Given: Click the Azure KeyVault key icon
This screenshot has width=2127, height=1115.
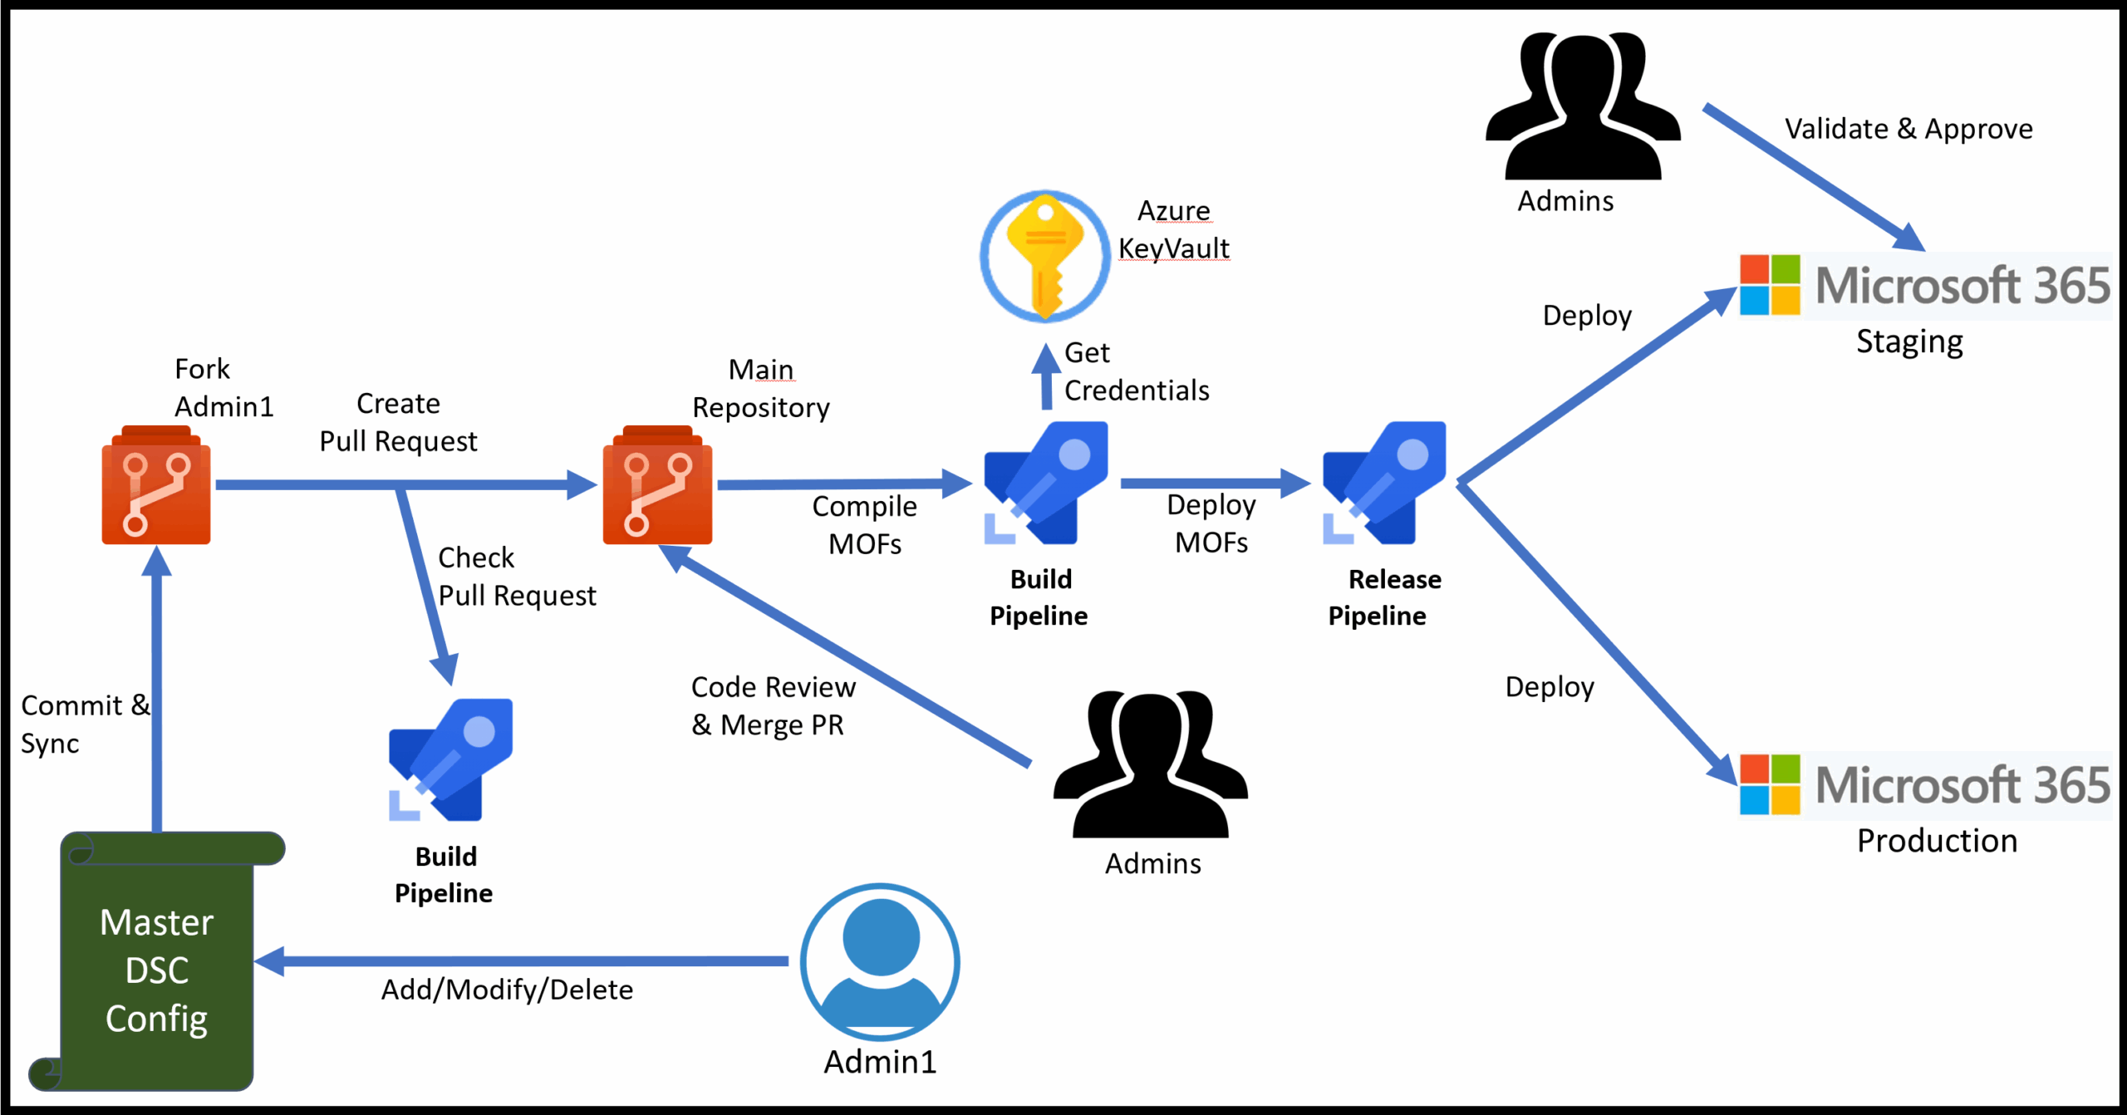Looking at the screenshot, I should [1044, 256].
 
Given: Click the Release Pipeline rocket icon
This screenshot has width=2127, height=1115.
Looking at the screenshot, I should [1384, 484].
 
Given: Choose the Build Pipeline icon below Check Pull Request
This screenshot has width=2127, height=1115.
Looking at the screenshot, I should [450, 760].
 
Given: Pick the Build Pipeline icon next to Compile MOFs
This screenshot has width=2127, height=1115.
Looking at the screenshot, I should [1045, 484].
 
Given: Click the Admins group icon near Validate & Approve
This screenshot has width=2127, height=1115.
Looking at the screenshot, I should [1582, 106].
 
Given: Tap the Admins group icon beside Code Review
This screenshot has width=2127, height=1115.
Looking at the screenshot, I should [1150, 764].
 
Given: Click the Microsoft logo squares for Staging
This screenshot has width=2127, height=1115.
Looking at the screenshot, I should [1770, 285].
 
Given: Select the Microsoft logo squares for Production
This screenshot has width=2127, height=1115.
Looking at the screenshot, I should [1770, 784].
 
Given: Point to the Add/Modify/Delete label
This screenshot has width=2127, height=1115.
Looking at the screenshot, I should [507, 990].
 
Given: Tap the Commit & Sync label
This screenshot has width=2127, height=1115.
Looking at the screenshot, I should [83, 724].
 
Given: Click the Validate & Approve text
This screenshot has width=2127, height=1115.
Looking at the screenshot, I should [1908, 129].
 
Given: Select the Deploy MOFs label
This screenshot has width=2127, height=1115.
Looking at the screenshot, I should [1211, 523].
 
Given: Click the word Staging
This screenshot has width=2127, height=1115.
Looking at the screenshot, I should [1909, 341].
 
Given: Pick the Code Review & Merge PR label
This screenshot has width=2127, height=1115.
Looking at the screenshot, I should [773, 705].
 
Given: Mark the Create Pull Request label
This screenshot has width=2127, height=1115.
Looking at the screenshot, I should [398, 422].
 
